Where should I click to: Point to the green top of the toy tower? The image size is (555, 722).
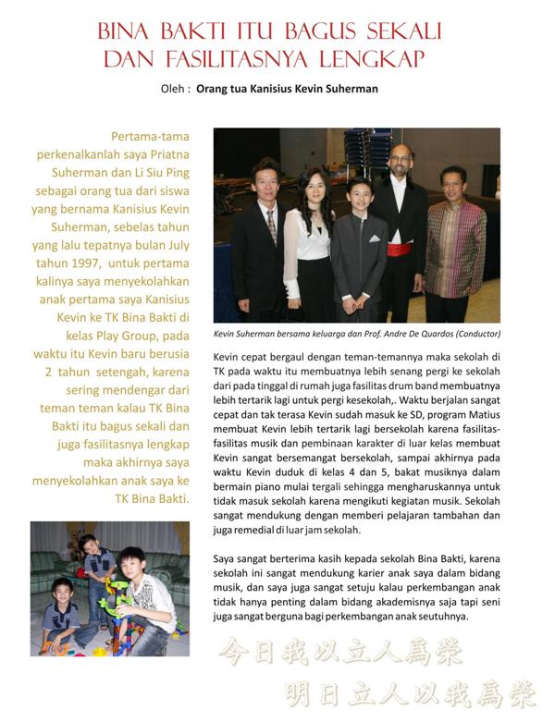(x=116, y=584)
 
